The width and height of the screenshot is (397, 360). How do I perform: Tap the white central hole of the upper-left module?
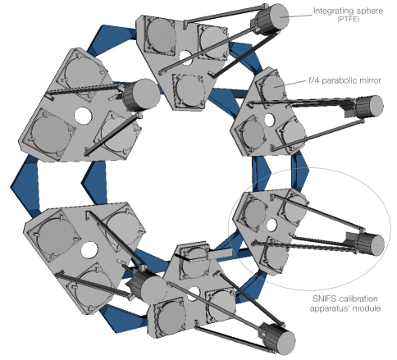coord(82,116)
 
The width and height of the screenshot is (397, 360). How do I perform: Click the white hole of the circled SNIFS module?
coord(271,225)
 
